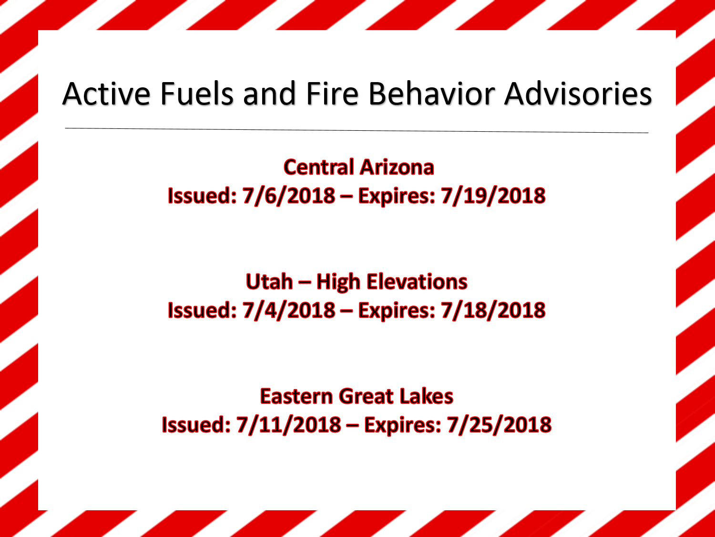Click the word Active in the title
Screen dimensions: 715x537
(106, 94)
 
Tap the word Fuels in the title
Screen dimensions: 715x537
(197, 94)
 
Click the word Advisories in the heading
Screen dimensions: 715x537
(578, 94)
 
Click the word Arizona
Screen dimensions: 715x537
(397, 167)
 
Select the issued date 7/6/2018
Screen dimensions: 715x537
(288, 196)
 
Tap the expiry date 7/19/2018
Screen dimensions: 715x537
(493, 196)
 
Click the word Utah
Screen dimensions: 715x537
(269, 281)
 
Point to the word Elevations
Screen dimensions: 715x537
(417, 281)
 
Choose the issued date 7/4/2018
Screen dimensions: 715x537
(288, 310)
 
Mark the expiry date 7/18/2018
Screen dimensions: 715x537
(493, 310)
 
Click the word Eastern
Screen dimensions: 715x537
(296, 396)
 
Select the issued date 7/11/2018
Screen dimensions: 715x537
(288, 425)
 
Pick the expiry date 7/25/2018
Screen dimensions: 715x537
(499, 425)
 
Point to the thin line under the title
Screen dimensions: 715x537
(357, 130)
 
